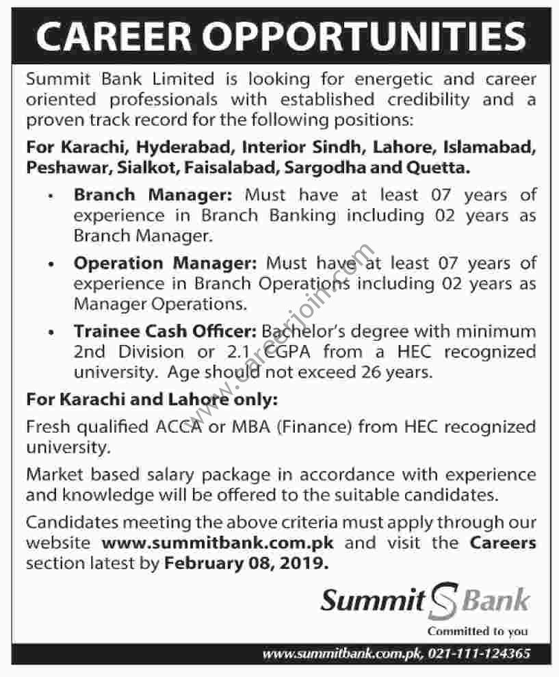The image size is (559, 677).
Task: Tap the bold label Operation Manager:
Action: pos(166,264)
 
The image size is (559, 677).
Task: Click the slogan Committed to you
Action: pos(478,632)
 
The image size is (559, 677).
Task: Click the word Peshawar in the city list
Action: pos(60,166)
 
